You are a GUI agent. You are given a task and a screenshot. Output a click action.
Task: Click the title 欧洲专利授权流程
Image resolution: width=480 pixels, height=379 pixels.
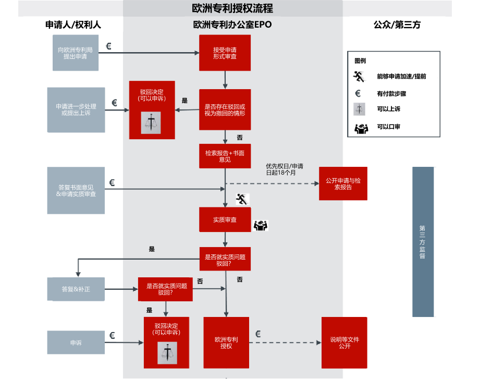point(232,9)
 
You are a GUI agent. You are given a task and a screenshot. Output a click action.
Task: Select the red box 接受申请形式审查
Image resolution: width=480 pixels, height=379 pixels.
point(225,53)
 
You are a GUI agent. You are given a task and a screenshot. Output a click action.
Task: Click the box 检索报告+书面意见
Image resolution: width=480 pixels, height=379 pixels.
point(225,156)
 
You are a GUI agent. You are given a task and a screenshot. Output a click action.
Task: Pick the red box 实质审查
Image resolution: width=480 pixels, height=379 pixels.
point(225,219)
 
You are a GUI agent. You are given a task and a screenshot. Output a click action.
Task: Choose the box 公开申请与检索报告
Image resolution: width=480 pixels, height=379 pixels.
point(343,184)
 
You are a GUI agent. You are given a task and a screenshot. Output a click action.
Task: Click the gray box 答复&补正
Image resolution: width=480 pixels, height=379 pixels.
point(76,289)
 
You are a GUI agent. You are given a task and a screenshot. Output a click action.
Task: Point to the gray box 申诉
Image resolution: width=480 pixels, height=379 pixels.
point(76,343)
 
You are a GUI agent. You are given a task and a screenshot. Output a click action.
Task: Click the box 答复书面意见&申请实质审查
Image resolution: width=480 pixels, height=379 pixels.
point(76,190)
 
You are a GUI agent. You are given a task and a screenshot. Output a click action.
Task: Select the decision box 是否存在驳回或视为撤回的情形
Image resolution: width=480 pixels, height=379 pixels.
point(225,110)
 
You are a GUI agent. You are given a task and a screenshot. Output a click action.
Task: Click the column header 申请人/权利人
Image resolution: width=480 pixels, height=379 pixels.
point(73,25)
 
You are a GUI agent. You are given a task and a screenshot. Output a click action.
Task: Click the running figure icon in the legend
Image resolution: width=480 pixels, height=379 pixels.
point(358,76)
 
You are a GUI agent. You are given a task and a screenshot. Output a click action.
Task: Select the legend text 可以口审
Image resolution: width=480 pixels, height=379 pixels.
point(388,127)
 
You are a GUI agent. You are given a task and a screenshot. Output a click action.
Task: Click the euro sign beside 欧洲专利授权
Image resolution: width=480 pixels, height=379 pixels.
point(258,334)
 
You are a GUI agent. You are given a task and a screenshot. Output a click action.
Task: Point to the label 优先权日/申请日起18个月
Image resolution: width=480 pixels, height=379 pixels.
point(285,169)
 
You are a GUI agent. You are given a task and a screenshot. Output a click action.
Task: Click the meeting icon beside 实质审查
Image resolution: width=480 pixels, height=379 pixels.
point(260,225)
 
